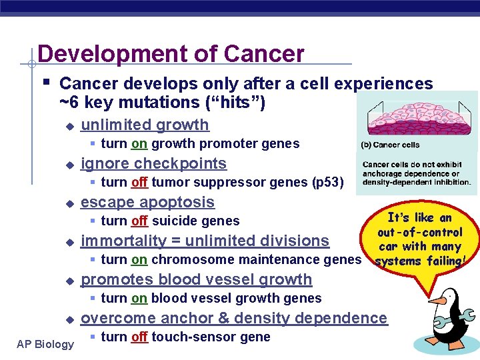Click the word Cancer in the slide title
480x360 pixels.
pos(265,53)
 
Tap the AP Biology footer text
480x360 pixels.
pos(45,344)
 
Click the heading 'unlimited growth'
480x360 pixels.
pos(145,125)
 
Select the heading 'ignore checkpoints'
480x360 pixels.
pos(153,163)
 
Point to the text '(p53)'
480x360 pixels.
pos(327,183)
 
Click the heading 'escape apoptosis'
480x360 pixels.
pos(147,202)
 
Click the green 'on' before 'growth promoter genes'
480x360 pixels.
pos(139,144)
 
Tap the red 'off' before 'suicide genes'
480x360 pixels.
pos(139,221)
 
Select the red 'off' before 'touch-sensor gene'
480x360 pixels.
pos(139,337)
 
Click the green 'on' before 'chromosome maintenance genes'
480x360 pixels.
pos(139,260)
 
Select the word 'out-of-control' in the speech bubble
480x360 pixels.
pos(419,232)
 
